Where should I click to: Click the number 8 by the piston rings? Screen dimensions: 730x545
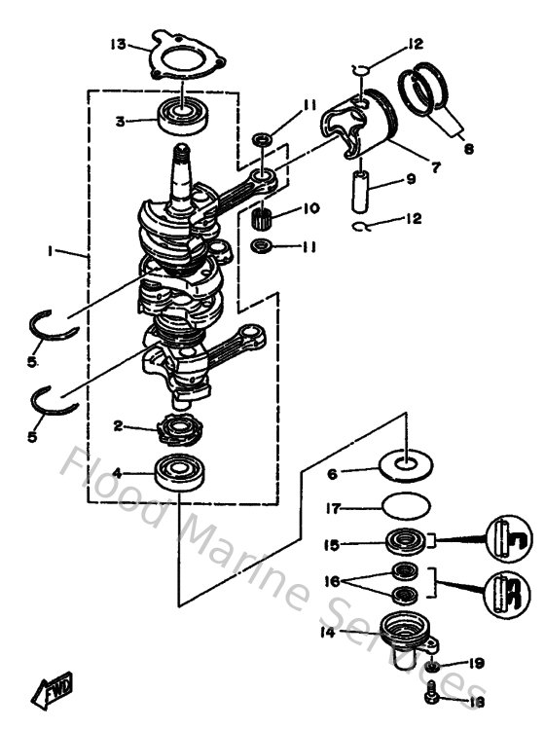(x=469, y=150)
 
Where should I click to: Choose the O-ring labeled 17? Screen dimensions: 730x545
(x=406, y=507)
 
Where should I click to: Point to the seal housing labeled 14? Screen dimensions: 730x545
(x=405, y=634)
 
